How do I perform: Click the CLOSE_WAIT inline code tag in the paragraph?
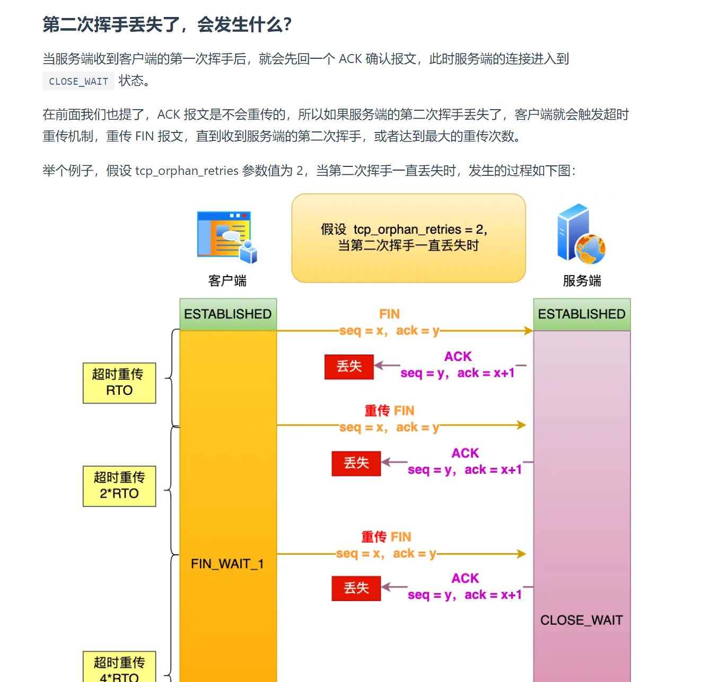[78, 81]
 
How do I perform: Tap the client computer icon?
[227, 237]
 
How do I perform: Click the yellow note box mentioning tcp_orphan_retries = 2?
[408, 238]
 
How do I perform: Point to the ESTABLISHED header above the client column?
[228, 314]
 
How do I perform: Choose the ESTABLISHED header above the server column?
[582, 314]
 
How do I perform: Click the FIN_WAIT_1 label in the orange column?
[227, 564]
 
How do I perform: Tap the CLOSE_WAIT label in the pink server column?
[581, 620]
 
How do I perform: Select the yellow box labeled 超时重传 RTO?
[119, 383]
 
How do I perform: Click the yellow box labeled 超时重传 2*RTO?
[119, 486]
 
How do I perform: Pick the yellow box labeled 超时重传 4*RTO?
[119, 668]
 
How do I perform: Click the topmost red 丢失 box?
[349, 366]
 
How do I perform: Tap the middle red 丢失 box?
[356, 463]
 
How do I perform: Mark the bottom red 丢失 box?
[356, 588]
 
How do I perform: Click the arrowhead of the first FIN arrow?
[529, 331]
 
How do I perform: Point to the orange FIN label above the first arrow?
[389, 314]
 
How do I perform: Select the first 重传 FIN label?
[389, 411]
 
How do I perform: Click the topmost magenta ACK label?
[458, 357]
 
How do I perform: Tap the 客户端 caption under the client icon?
[227, 281]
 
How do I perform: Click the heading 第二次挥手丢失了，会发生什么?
[167, 24]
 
